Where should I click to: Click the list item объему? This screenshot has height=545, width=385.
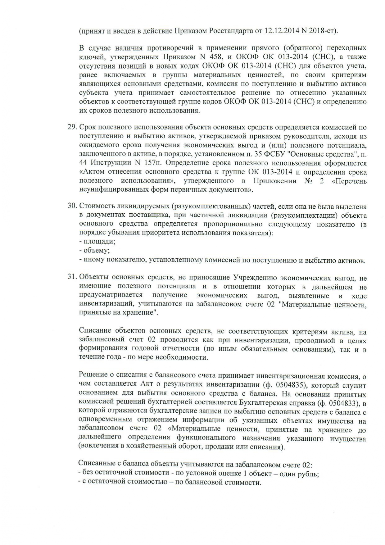(96, 250)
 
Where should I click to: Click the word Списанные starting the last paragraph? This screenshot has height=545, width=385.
(96, 465)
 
